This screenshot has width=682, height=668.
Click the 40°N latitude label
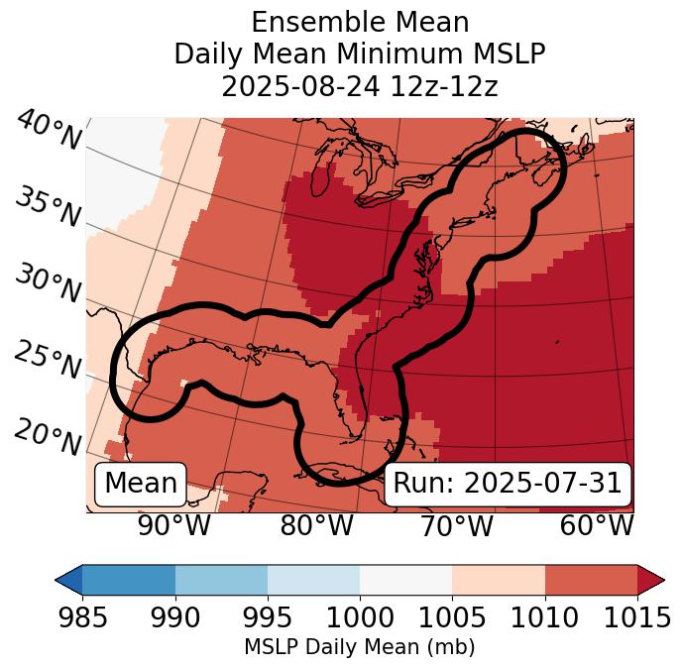48,131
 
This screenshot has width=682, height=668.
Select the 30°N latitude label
48,284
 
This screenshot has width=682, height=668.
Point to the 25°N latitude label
48,361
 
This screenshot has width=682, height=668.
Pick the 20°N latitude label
48,436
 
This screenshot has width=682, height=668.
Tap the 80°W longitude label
316,526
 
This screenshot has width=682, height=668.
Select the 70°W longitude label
456,526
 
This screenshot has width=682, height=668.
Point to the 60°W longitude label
597,526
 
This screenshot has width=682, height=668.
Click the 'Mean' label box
141,484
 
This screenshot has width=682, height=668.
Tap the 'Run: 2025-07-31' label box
507,484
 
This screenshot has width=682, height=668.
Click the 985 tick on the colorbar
82,617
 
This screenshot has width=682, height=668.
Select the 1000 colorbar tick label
360,617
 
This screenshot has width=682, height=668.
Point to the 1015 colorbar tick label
637,617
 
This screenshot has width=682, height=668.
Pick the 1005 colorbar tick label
452,617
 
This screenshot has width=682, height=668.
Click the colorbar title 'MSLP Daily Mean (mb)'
359,647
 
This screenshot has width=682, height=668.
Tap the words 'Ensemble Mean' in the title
359,22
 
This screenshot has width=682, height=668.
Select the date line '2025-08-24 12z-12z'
359,86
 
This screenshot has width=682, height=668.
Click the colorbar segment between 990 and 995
221,579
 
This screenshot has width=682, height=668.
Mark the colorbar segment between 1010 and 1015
591,579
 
